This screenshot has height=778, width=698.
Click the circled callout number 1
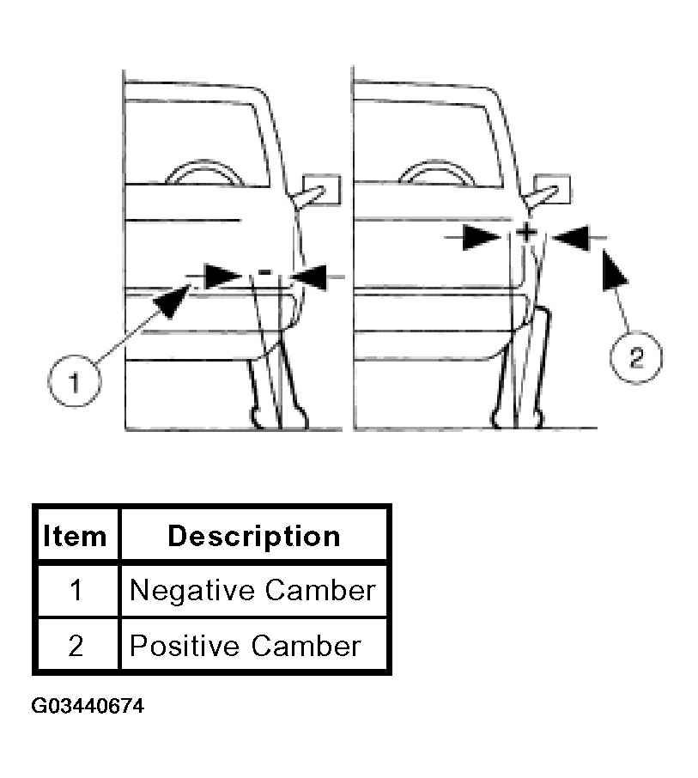(x=75, y=381)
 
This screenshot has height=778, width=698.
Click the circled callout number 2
(x=635, y=357)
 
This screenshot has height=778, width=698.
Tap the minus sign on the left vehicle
(x=265, y=272)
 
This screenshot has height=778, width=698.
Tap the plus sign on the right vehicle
(x=526, y=232)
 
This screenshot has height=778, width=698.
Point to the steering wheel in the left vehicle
(x=205, y=173)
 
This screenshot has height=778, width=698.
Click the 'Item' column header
(x=75, y=536)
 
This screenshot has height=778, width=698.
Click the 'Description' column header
(x=254, y=536)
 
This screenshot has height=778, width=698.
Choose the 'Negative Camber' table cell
(x=253, y=591)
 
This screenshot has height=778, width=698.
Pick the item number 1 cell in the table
(x=76, y=591)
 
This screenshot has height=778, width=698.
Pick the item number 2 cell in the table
(x=76, y=646)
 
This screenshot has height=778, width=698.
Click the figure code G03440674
(x=88, y=706)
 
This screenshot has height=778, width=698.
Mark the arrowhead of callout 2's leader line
(x=614, y=270)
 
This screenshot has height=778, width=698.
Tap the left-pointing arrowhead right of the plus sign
(x=570, y=238)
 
